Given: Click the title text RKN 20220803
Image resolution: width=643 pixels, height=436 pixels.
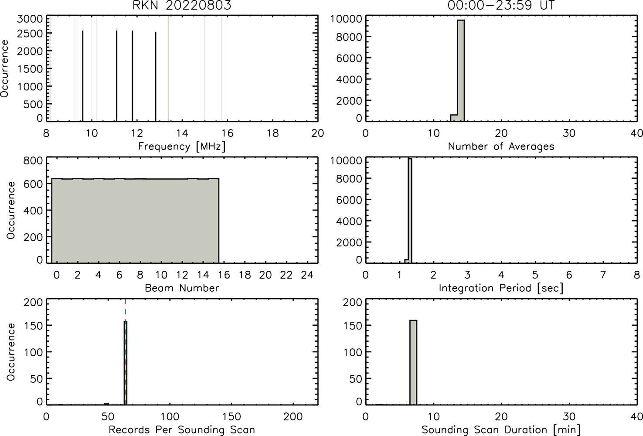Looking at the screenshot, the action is pos(182,6).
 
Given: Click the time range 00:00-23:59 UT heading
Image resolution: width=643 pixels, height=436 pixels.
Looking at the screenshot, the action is pos(501,6).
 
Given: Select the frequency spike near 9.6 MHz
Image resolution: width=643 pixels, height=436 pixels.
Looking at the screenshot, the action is pos(83,76).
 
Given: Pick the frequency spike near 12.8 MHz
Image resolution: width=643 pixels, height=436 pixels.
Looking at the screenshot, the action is pos(156,76).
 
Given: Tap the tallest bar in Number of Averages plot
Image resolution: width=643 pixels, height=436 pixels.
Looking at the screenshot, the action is pos(461,71).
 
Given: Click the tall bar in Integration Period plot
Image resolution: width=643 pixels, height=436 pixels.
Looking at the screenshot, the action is pos(410,211).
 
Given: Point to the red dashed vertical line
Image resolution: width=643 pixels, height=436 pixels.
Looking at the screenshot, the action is pos(126,351).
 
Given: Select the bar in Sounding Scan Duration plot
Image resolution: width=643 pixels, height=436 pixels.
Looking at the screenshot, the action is pos(413,362).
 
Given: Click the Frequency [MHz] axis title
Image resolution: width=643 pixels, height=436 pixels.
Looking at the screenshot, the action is pos(182,146).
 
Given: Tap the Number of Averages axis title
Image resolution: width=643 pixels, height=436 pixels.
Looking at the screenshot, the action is pos(501,146).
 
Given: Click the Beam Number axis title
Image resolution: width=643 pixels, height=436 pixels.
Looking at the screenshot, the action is pos(182,288).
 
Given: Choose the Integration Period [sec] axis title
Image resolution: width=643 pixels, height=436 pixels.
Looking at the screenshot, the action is pos(501,288).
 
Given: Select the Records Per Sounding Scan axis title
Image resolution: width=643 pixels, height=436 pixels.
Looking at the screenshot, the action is pos(182,430).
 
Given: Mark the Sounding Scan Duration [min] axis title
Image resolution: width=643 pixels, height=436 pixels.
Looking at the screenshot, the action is pos(501,430).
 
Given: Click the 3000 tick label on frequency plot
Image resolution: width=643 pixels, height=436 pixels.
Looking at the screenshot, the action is pos(30,19).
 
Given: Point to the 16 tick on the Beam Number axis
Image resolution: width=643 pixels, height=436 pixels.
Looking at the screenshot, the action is pos(224,275).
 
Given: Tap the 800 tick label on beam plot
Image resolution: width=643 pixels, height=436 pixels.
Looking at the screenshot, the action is pos(33,160).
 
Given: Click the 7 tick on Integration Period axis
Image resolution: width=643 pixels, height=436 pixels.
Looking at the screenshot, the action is pos(603,275).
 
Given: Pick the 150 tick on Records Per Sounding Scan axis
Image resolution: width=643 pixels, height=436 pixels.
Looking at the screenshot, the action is pos(232,416).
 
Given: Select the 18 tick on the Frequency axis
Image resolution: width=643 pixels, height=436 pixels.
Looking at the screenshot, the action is pos(273,133).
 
